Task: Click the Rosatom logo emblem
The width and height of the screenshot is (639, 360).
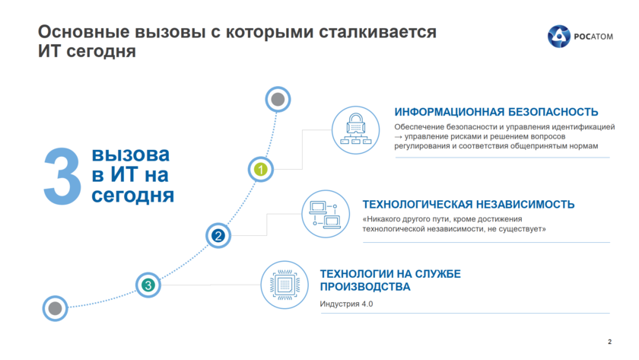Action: click(x=560, y=35)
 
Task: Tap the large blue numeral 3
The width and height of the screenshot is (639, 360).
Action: click(x=62, y=177)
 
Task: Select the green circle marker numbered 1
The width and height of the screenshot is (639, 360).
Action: click(x=261, y=170)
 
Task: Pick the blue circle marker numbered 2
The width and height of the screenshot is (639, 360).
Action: click(x=218, y=236)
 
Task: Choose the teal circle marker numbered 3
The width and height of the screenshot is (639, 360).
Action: click(x=148, y=285)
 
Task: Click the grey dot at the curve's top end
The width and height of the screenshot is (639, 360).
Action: click(x=278, y=99)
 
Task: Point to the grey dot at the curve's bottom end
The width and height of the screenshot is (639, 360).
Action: click(x=55, y=308)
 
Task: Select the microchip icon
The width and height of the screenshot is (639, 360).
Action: click(x=285, y=285)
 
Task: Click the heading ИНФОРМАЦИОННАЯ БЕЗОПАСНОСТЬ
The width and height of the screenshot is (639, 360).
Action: click(x=496, y=112)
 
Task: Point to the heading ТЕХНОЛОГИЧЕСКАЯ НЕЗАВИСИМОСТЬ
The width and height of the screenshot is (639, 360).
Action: click(x=468, y=205)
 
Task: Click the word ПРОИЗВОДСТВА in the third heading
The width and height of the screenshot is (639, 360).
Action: click(x=365, y=287)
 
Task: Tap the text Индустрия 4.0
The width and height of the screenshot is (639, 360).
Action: click(x=346, y=304)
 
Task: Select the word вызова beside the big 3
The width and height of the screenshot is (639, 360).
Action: click(x=130, y=155)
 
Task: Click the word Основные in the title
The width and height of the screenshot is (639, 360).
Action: click(x=78, y=33)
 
